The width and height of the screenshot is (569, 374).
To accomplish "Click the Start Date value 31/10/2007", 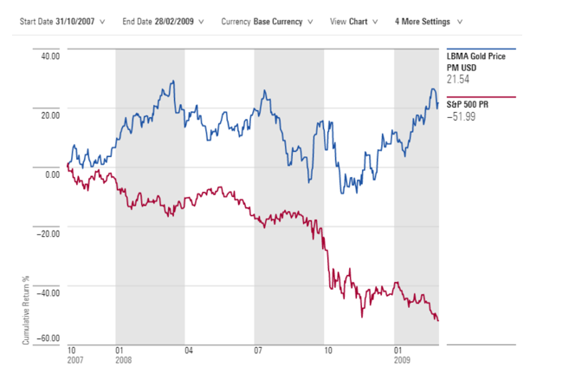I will point(71,22).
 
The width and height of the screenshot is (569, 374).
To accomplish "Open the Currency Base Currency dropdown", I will point(279,22).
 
